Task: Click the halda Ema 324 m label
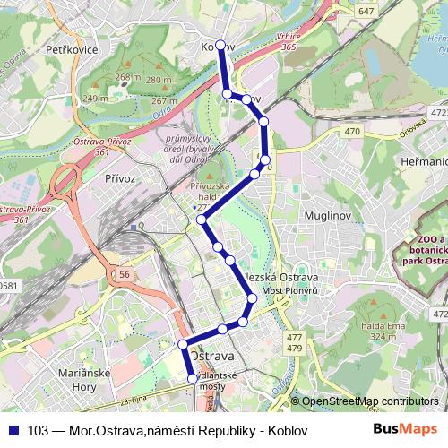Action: pyautogui.click(x=371, y=331)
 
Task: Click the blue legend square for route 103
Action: pyautogui.click(x=14, y=430)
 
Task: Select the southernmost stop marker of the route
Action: pyautogui.click(x=192, y=379)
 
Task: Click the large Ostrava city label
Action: pyautogui.click(x=213, y=356)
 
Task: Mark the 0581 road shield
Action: pyautogui.click(x=7, y=286)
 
